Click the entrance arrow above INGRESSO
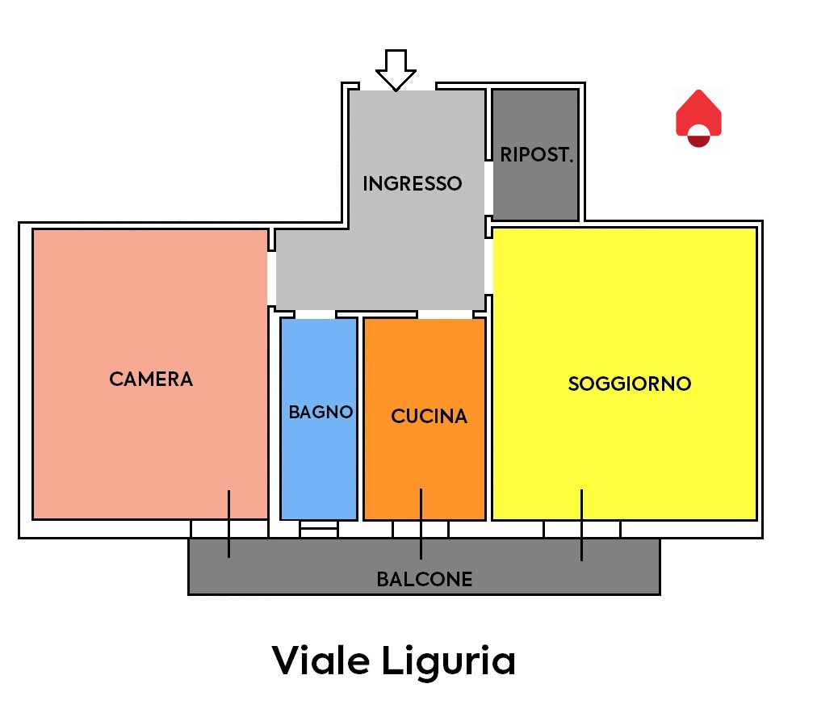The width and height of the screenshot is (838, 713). coord(396,70)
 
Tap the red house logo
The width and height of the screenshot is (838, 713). coord(698,118)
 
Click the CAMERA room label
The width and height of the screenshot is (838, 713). coord(151,379)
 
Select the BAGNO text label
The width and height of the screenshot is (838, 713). coord(321,412)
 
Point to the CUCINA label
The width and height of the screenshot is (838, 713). coord(429,416)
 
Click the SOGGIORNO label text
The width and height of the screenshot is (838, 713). coord(630,384)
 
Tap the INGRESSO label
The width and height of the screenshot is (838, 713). coord(412,183)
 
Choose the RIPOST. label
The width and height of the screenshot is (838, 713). coord(537,154)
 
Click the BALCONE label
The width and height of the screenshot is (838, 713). coord(425,579)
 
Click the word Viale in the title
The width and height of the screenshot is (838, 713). coord(321,661)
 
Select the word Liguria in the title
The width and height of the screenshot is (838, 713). coord(448,663)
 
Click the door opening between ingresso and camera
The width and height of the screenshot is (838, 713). coord(271,279)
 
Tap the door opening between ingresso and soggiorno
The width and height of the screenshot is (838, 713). coord(488,266)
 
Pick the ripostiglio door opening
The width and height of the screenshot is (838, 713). coord(488,187)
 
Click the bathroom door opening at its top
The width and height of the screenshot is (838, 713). coord(316,314)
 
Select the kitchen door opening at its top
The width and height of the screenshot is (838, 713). coord(445,314)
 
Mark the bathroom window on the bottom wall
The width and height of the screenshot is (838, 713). coord(319,529)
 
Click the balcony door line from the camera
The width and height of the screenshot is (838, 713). coord(228,524)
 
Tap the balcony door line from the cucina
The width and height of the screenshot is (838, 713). coord(421,524)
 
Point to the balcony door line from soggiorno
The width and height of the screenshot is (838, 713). coord(581,525)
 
